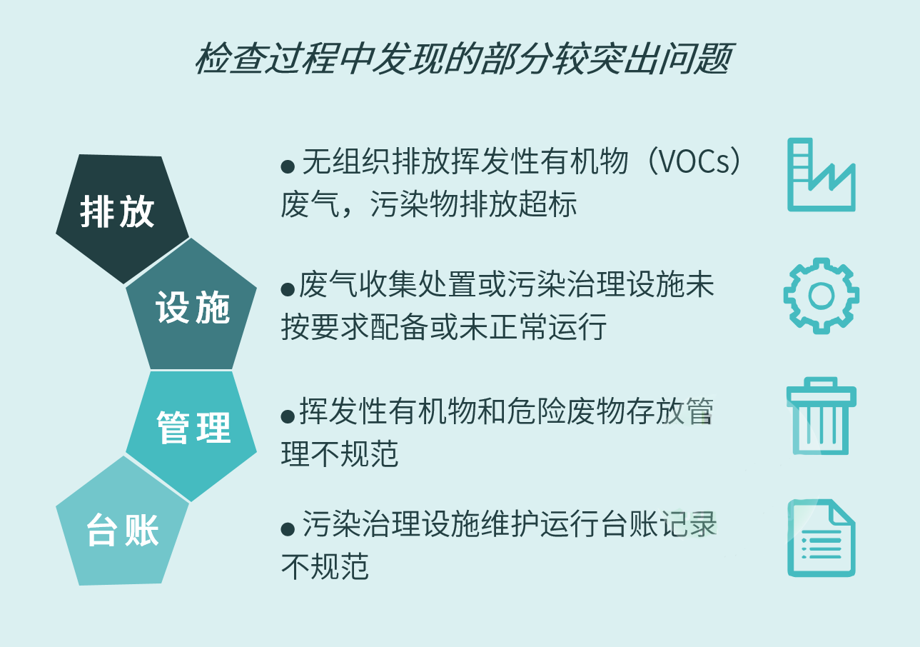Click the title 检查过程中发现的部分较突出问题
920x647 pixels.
tap(464, 59)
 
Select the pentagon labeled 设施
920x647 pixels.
tap(191, 306)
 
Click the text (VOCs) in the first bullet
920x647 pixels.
tap(694, 161)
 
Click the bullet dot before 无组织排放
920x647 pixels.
tap(288, 166)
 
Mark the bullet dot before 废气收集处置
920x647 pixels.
tap(288, 289)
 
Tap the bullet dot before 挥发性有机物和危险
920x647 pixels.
tap(288, 416)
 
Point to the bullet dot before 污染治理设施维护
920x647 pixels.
tap(288, 528)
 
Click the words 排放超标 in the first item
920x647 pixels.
tap(519, 204)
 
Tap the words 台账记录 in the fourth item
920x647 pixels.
tap(659, 524)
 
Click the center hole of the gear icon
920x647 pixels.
tap(822, 295)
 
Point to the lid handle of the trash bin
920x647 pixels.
tap(822, 381)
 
